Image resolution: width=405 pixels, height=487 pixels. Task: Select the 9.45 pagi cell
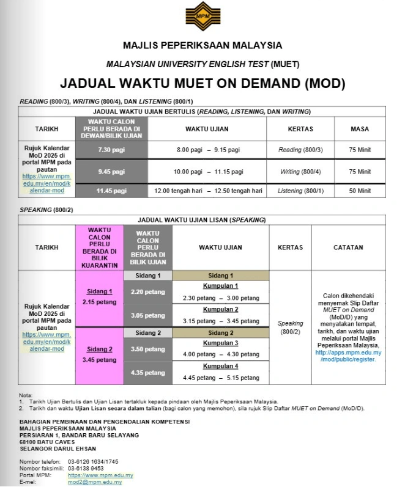click(x=111, y=172)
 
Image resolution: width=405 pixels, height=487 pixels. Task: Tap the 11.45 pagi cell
click(x=111, y=191)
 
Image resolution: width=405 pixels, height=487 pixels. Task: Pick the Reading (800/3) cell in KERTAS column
click(x=300, y=150)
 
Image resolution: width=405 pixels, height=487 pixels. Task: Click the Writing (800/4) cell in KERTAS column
click(x=300, y=172)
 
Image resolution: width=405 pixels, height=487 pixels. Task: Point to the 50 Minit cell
click(x=360, y=191)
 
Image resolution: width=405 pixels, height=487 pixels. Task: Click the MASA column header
click(x=360, y=129)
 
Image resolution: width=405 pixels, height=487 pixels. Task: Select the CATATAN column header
click(x=348, y=247)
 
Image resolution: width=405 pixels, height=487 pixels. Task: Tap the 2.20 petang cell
click(x=147, y=292)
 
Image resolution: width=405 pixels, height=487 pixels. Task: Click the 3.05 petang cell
click(x=147, y=315)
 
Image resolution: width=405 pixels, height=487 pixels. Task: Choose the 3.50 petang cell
click(x=147, y=349)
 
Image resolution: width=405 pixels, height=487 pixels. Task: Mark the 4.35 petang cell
click(x=147, y=372)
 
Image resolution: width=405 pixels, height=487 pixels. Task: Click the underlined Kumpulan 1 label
click(x=220, y=286)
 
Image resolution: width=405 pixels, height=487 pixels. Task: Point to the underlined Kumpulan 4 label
click(x=220, y=366)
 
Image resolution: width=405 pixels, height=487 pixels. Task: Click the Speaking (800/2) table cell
click(x=290, y=328)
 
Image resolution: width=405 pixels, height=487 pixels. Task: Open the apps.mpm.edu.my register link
click(x=348, y=356)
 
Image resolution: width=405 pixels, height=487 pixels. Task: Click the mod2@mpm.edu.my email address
click(x=95, y=482)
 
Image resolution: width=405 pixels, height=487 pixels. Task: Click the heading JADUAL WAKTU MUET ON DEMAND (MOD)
click(x=202, y=83)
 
